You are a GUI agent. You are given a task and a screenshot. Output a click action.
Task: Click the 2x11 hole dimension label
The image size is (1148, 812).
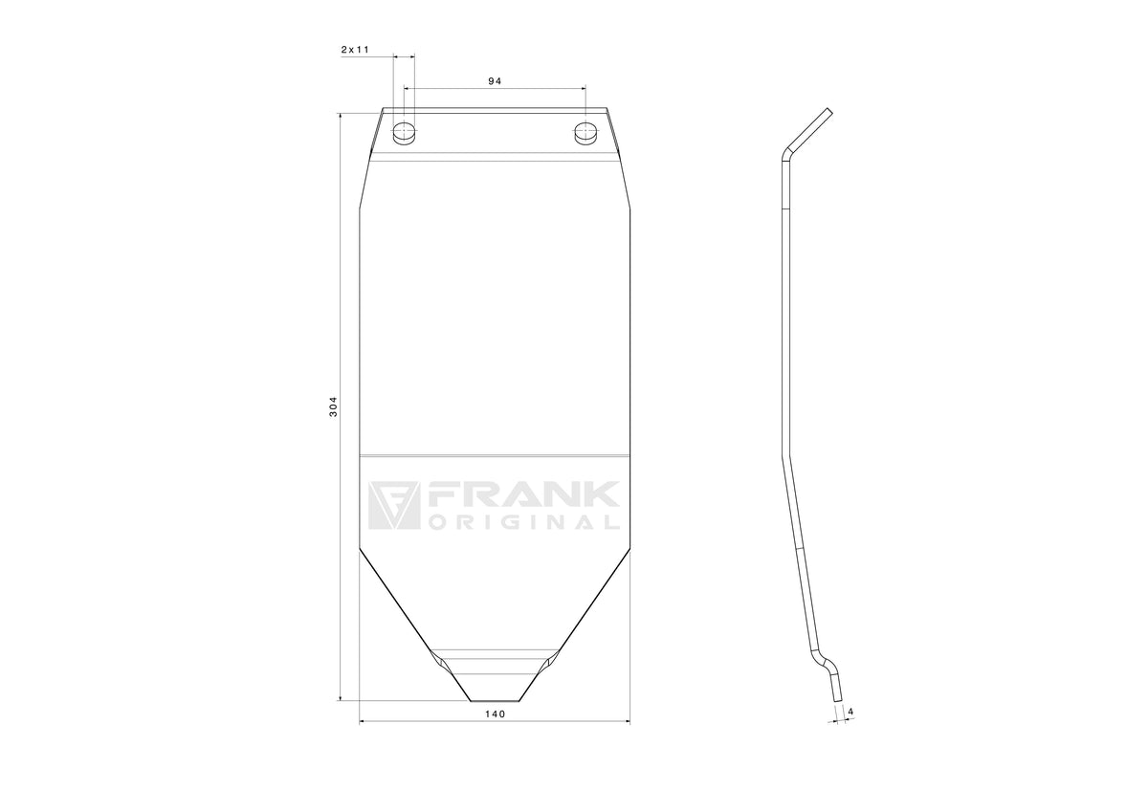click(355, 50)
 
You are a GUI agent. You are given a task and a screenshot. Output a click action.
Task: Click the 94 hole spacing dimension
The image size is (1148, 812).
click(495, 81)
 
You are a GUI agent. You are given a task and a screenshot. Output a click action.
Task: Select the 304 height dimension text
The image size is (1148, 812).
click(333, 406)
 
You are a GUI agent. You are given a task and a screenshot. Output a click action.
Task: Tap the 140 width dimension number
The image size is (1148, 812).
click(495, 713)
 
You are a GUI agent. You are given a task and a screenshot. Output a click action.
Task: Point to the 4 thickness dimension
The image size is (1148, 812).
click(850, 712)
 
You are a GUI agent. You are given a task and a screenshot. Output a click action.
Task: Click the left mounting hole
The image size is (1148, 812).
click(404, 133)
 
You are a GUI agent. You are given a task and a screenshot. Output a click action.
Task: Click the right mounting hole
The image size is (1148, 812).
click(585, 133)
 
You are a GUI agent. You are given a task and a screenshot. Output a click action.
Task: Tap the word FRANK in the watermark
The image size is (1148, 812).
click(522, 494)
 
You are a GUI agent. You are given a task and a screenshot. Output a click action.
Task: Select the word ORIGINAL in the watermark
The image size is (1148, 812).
click(522, 522)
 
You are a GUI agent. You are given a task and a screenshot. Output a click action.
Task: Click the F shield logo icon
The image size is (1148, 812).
click(393, 505)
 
